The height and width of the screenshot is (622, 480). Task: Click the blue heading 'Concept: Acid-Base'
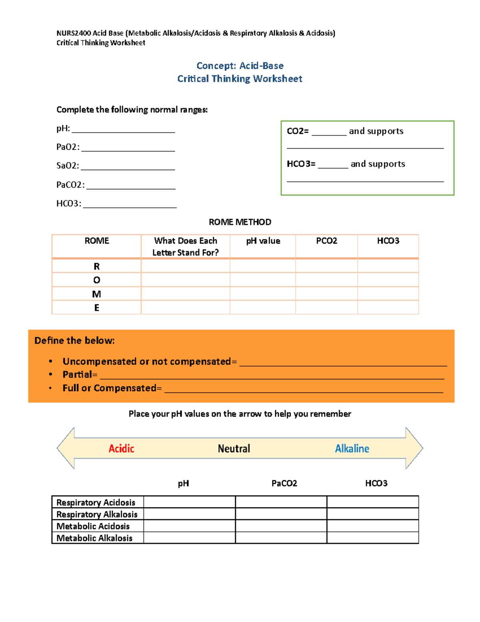click(240, 66)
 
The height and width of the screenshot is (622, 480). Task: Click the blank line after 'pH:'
click(123, 130)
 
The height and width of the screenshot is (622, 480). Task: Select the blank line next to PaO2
click(128, 148)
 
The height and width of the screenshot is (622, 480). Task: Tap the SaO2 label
click(68, 166)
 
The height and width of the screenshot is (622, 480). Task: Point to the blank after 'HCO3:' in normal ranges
click(130, 205)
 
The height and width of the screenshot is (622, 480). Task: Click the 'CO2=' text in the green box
click(298, 131)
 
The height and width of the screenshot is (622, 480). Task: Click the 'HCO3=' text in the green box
click(301, 164)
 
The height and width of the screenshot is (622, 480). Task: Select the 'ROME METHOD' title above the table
click(240, 222)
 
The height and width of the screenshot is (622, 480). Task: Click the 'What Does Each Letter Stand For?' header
click(186, 246)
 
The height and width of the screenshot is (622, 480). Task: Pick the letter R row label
click(96, 266)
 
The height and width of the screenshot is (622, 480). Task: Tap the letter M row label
click(96, 294)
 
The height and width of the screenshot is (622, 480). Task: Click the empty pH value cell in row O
click(263, 280)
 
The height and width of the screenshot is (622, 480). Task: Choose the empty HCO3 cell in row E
click(388, 308)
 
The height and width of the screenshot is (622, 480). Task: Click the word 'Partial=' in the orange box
click(80, 375)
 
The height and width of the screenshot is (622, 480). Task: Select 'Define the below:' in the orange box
click(75, 341)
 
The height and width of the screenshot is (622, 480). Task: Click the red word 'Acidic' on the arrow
click(121, 449)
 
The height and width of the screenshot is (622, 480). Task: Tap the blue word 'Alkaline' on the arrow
click(352, 449)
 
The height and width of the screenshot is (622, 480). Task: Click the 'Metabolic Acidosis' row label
click(93, 526)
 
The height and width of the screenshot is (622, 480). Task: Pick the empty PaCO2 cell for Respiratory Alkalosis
click(281, 514)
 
